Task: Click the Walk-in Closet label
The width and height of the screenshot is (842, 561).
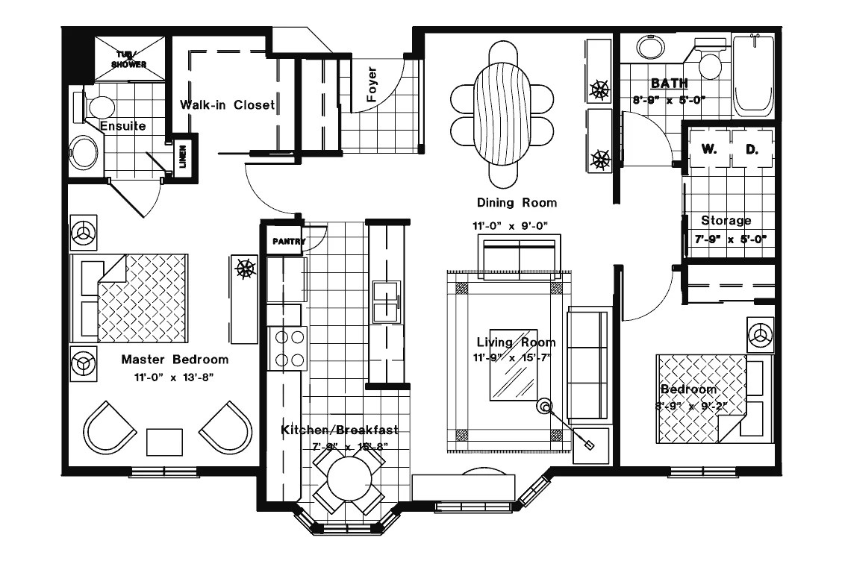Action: coord(227,105)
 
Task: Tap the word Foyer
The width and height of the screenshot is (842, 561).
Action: coord(371,84)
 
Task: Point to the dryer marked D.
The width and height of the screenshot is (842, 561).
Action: coord(751,149)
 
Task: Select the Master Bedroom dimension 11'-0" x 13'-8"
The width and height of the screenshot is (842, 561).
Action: coord(175,377)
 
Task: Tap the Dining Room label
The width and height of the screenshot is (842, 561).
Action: coord(517,202)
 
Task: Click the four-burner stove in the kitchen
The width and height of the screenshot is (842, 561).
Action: coord(289,348)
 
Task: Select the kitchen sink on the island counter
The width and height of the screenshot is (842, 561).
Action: coord(386,301)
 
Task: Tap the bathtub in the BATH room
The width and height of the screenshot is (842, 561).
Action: coord(753,75)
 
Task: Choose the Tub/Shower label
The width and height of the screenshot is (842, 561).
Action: coord(128,60)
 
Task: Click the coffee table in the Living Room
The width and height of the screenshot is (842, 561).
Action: coord(514,364)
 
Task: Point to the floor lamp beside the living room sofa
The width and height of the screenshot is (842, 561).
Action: coord(545,407)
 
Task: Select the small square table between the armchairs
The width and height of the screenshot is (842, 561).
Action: coord(164,442)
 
